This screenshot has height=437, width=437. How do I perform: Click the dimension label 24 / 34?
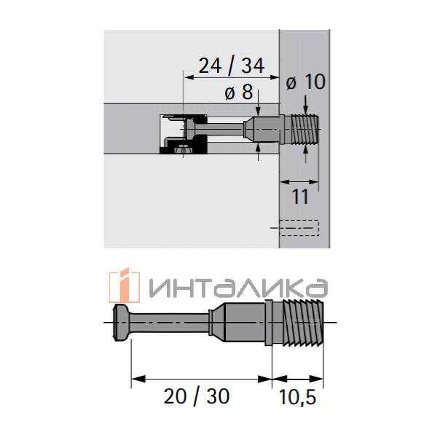(x=232, y=66)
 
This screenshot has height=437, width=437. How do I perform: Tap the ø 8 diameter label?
(x=239, y=92)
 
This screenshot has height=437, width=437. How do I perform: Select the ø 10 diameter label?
(x=306, y=82)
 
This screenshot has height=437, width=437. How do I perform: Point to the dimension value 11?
(x=300, y=197)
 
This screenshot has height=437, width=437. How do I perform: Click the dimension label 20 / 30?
(x=197, y=396)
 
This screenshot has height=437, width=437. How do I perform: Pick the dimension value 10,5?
(x=297, y=397)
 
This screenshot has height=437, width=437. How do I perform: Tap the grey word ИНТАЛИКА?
(x=238, y=288)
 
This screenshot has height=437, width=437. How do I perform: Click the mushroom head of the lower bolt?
(x=120, y=323)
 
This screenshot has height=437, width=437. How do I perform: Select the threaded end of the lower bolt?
(x=303, y=323)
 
